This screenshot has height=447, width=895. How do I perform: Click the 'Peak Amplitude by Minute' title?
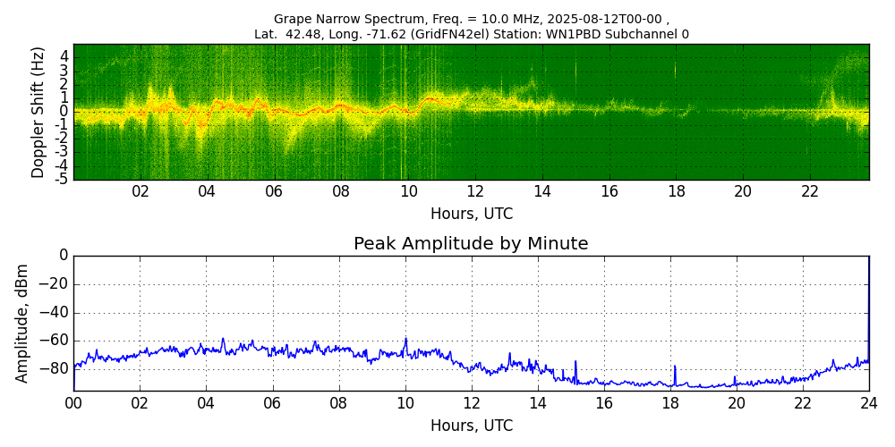471,244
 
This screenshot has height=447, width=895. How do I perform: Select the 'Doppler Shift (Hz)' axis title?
38,112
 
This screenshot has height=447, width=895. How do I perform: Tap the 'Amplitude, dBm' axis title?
22,323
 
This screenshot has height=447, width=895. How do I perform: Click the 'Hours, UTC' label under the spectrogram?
471,215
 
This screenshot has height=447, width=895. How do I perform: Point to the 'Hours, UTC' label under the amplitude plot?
471,426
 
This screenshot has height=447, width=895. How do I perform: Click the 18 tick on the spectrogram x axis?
676,191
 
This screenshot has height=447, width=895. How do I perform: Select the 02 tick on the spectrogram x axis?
141,191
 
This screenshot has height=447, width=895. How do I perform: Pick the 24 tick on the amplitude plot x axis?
869,403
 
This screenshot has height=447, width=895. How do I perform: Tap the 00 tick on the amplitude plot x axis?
73,403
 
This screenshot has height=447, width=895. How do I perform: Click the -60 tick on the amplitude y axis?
55,340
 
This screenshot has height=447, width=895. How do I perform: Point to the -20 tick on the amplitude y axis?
55,284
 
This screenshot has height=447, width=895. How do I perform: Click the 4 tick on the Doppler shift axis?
64,56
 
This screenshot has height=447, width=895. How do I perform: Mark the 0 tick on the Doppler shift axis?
64,112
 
